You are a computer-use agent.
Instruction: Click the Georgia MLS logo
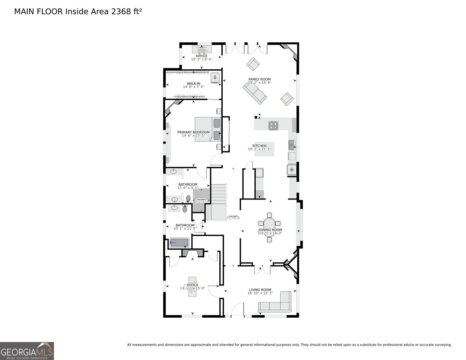(x=27, y=351)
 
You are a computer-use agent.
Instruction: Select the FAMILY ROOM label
(x=259, y=79)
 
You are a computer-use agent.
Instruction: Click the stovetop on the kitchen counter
(x=273, y=125)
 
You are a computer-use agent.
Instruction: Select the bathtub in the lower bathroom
(x=179, y=243)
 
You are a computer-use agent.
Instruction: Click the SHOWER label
(x=201, y=199)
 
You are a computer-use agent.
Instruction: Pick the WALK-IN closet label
(x=193, y=83)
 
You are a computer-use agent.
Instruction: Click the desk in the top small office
(x=202, y=49)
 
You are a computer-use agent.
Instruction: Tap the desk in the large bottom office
(x=192, y=287)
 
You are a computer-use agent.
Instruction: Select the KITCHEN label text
(x=259, y=146)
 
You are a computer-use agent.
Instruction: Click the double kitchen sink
(x=292, y=145)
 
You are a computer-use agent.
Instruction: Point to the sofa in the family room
(x=255, y=93)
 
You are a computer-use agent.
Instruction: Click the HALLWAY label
(x=233, y=216)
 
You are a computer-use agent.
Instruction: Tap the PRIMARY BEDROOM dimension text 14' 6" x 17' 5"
(x=193, y=136)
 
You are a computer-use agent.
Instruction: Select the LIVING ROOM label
(x=260, y=290)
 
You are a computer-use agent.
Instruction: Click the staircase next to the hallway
(x=218, y=201)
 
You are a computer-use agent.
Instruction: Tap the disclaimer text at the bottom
(x=289, y=345)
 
